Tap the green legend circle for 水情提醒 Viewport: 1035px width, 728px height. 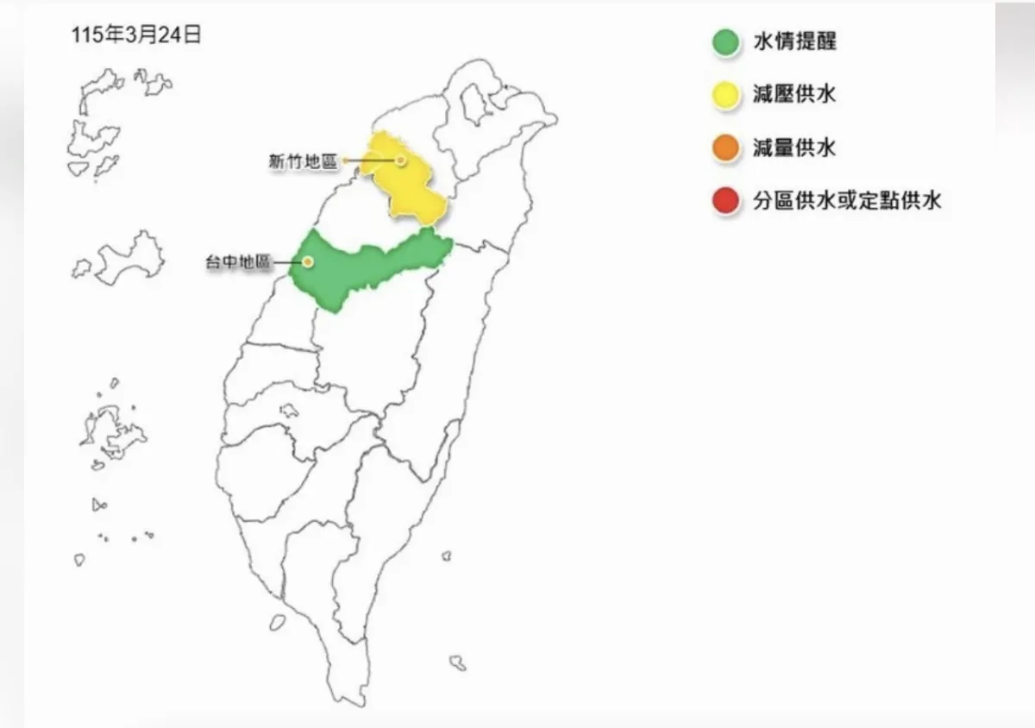(x=726, y=42)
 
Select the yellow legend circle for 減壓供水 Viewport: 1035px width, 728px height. (x=726, y=95)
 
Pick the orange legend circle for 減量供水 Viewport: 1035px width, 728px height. (x=726, y=148)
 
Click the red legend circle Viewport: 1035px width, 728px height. (x=726, y=202)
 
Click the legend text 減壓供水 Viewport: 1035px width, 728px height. (x=793, y=95)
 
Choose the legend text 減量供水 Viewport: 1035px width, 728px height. (x=793, y=148)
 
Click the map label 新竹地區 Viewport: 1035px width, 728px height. (x=302, y=160)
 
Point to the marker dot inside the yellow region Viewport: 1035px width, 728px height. (x=401, y=160)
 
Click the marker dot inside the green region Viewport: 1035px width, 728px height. (x=307, y=261)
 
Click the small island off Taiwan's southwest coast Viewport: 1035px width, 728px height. (x=277, y=621)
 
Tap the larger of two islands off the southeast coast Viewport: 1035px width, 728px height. (x=457, y=662)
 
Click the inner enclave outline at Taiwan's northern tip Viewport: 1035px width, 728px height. (x=471, y=104)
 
